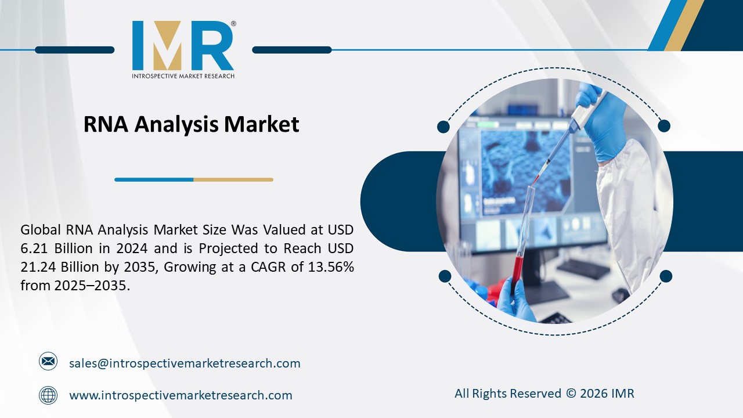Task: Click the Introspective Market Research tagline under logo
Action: tap(183, 76)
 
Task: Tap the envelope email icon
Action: tap(48, 362)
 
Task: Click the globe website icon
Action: tap(48, 395)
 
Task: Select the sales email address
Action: tap(185, 363)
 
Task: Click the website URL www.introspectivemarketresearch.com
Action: tap(181, 395)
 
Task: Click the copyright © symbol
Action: tap(571, 394)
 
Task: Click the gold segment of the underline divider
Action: tap(233, 180)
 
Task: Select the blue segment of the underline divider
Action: tap(154, 180)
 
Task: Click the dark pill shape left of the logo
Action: tap(74, 50)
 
